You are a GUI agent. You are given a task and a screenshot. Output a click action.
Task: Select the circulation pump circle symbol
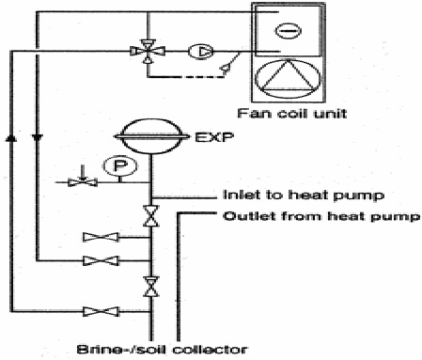tap(198, 49)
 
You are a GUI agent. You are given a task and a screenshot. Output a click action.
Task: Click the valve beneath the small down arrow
tap(83, 181)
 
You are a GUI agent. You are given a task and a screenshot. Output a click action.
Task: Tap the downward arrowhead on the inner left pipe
tap(38, 137)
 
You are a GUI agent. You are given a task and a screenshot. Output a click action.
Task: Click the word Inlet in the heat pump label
tap(241, 197)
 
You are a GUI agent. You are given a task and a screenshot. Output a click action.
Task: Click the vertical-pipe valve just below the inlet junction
tap(148, 217)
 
